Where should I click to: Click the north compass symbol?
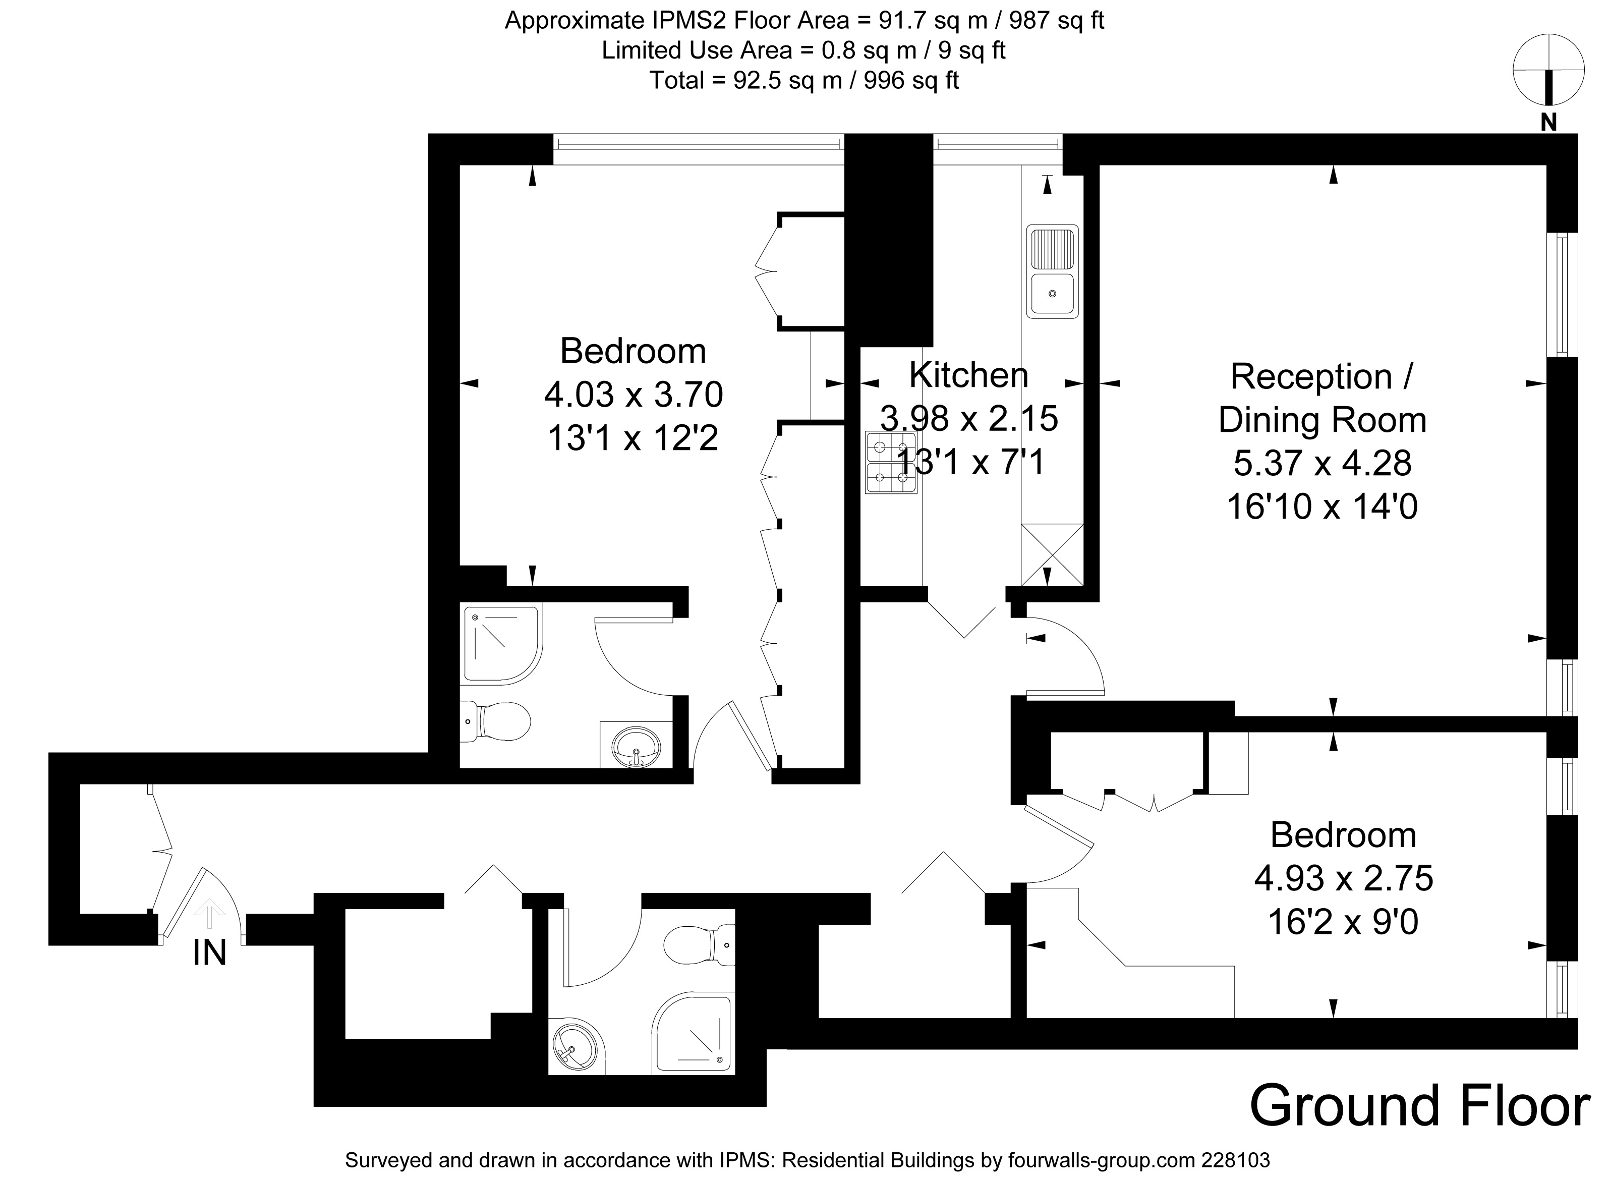[x=1548, y=71]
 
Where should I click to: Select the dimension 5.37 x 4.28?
[x=1323, y=464]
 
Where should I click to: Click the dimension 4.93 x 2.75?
[x=1343, y=878]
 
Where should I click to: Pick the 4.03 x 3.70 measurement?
[x=634, y=395]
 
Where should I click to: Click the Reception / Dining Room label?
[x=1323, y=398]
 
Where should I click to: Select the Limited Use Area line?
[x=803, y=50]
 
